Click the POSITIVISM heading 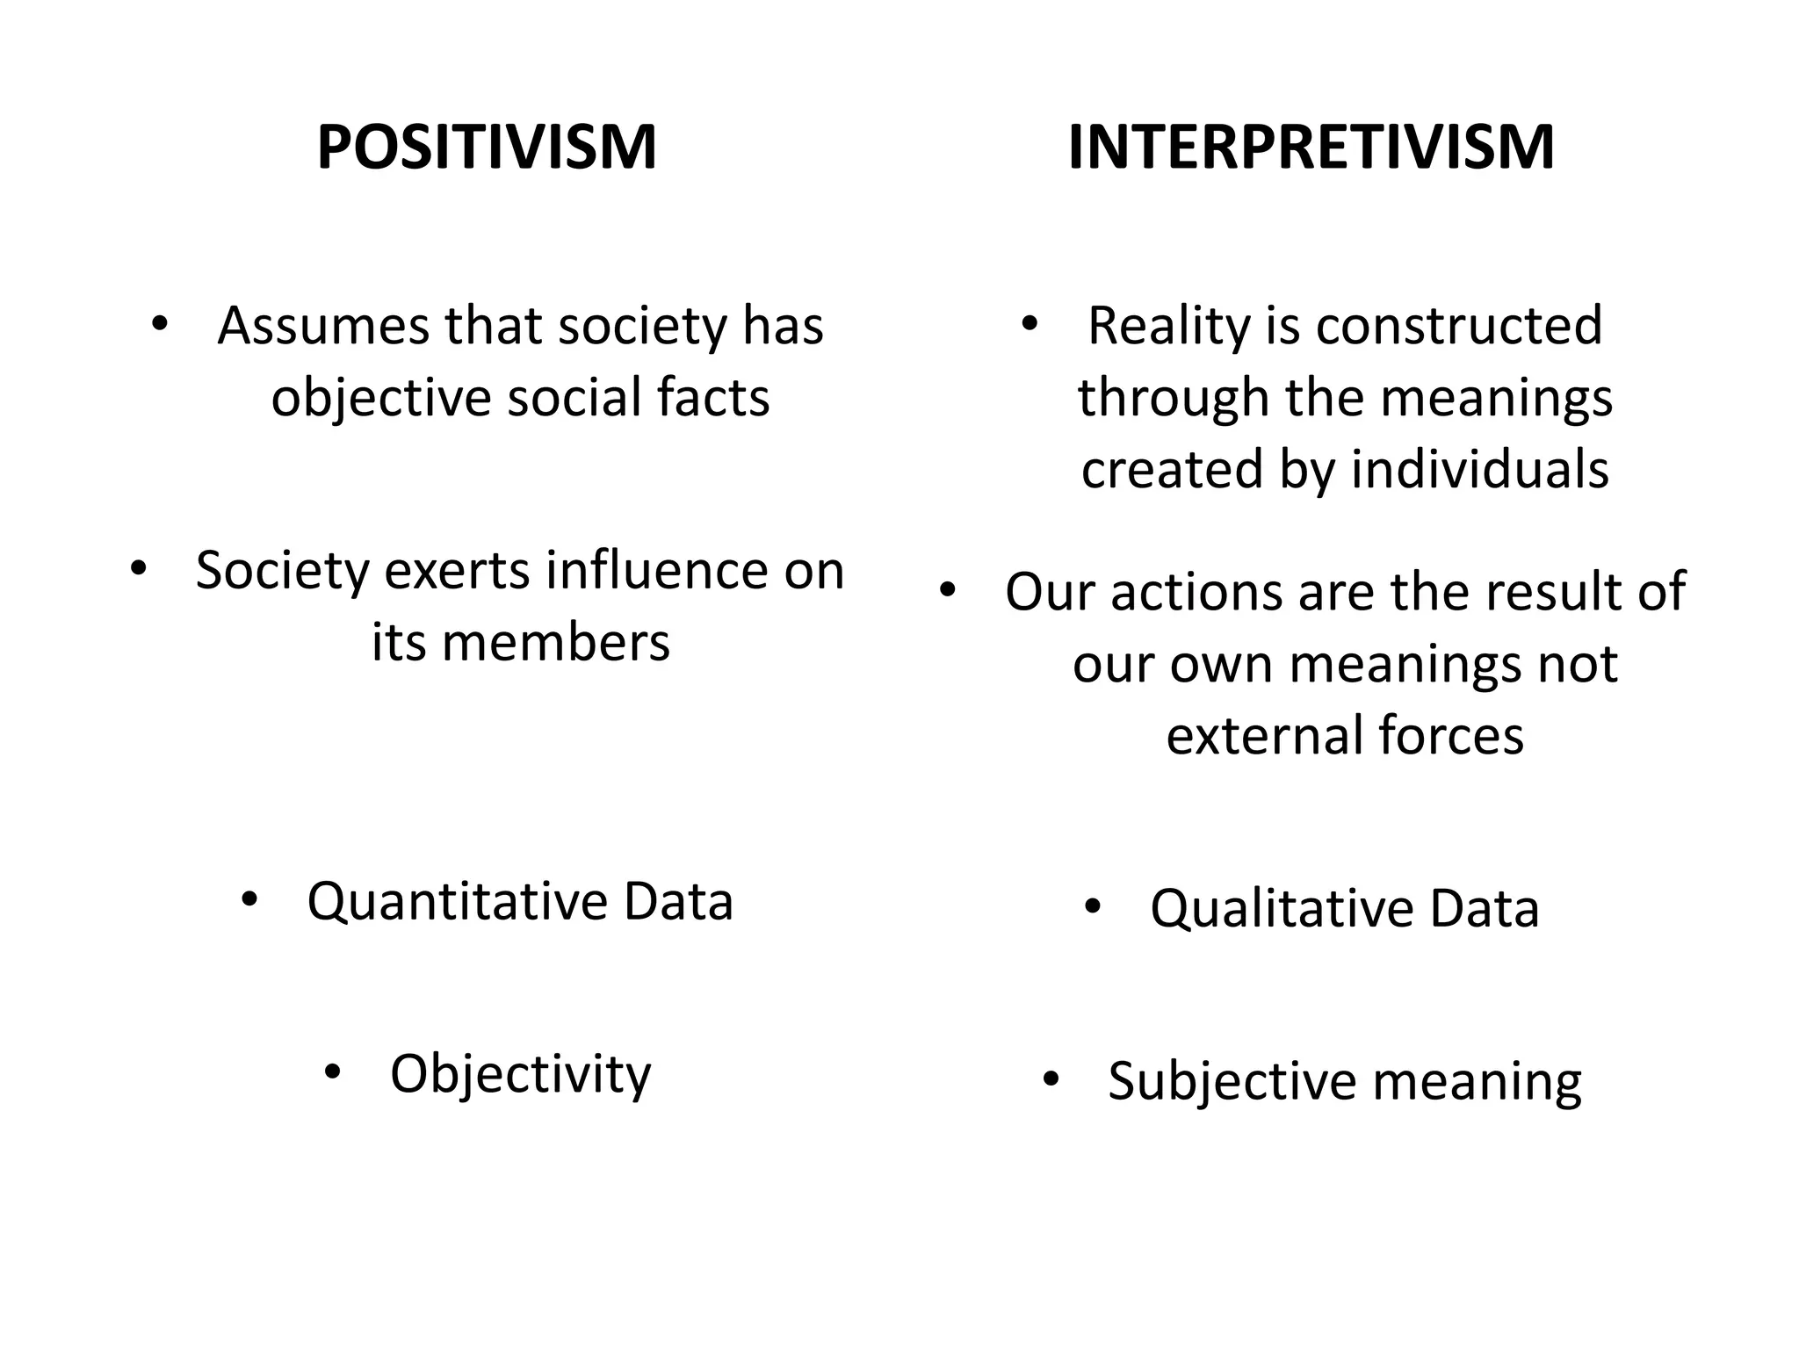tap(487, 147)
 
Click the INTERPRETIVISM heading tap(1311, 147)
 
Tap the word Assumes tap(323, 326)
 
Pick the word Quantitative tap(457, 903)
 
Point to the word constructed tap(1459, 326)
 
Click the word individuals tap(1479, 470)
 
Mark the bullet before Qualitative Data tap(1092, 906)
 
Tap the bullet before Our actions tap(946, 590)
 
